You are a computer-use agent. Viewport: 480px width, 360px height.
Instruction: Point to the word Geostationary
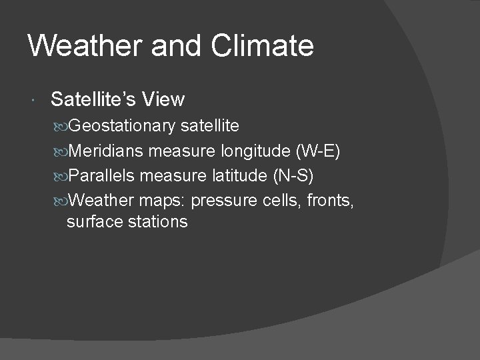coord(123,126)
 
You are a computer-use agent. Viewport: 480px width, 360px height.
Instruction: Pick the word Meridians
coord(105,152)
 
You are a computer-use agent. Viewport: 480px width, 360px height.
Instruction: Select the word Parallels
coord(101,177)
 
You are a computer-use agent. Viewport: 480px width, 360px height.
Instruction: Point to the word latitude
coord(213,177)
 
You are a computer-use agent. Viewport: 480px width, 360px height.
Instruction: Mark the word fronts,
coord(331,201)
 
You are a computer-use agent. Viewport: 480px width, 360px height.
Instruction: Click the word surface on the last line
coord(93,222)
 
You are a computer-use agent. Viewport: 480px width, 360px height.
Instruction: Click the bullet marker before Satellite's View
coord(35,101)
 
